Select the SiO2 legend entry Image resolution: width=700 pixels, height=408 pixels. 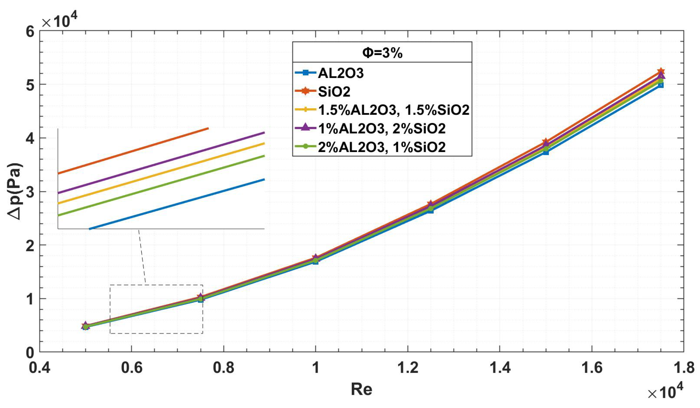click(x=334, y=92)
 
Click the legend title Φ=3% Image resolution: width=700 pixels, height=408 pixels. click(x=382, y=53)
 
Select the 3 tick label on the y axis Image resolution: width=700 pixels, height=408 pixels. click(x=30, y=192)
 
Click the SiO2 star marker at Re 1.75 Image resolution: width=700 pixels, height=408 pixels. click(x=661, y=72)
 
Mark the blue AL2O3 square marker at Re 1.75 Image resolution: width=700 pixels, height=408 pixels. click(x=661, y=85)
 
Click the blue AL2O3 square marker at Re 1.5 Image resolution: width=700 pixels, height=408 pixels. click(x=546, y=152)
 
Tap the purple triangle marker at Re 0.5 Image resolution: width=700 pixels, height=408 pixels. click(x=86, y=325)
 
